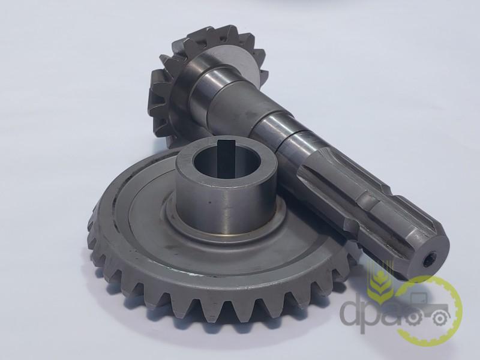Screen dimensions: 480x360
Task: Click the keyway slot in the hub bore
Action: (x=226, y=155)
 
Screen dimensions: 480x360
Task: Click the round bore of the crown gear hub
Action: (x=227, y=158)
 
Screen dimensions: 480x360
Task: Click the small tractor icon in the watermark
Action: (x=428, y=309)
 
